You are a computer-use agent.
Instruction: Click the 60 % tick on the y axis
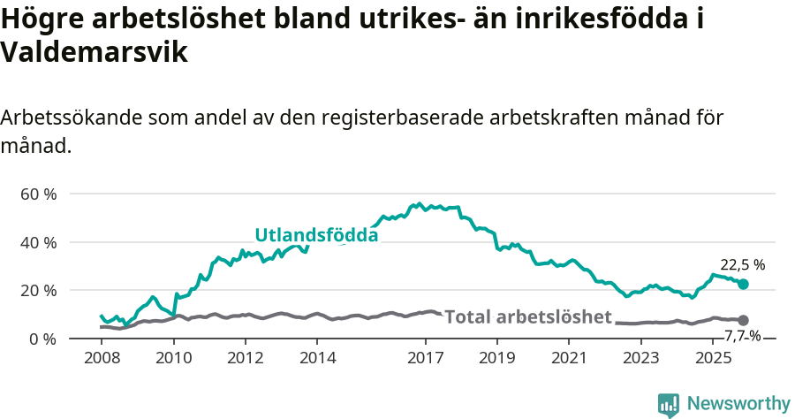click(x=39, y=194)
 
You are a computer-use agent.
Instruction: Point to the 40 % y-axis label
click(x=39, y=242)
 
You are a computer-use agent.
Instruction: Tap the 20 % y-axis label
click(x=39, y=290)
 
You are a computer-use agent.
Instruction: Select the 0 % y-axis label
click(x=43, y=339)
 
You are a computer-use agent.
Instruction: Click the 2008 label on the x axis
click(x=102, y=358)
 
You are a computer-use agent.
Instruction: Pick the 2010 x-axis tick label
click(x=173, y=358)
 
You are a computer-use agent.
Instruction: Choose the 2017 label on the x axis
click(x=426, y=358)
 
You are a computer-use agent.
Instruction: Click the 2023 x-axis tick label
click(x=641, y=358)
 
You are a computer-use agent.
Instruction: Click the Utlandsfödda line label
click(x=316, y=235)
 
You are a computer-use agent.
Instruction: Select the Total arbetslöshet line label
click(x=527, y=316)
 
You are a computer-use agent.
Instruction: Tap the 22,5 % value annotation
click(x=742, y=264)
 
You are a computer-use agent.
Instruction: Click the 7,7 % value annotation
click(x=742, y=336)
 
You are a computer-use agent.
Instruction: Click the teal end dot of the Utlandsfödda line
click(x=743, y=284)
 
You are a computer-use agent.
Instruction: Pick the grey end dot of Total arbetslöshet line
click(x=743, y=320)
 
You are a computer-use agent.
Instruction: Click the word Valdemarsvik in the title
click(x=95, y=53)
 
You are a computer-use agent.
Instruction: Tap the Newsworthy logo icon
click(x=668, y=404)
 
